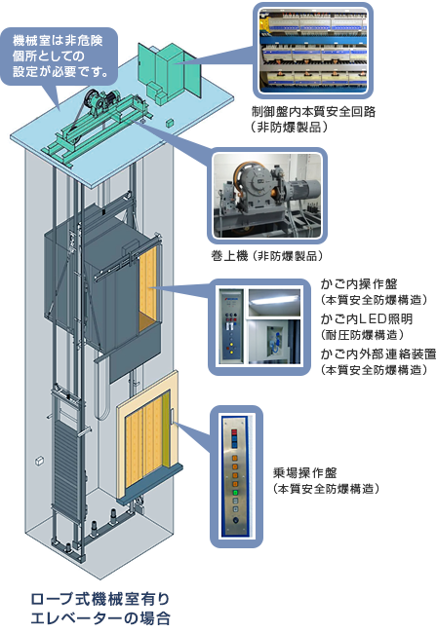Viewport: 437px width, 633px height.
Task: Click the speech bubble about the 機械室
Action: pos(60,56)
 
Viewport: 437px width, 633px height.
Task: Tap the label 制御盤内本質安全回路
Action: pos(314,111)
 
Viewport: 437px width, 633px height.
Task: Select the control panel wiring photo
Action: pos(313,51)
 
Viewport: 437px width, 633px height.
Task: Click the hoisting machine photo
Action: pos(267,196)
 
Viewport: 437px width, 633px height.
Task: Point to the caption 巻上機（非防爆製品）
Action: pos(267,256)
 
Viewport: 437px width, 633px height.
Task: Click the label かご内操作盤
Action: pos(359,284)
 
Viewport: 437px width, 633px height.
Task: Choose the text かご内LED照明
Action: pos(366,318)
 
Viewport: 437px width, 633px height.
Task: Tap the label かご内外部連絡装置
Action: pos(378,354)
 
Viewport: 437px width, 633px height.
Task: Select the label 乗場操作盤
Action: pos(304,472)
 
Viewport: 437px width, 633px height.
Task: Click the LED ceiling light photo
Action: pos(274,302)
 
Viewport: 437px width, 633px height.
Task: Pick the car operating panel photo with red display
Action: pos(230,326)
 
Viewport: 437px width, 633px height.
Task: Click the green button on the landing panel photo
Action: pos(234,493)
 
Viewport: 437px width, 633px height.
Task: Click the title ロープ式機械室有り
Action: pos(100,599)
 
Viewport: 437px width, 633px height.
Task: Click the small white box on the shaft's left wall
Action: pos(39,461)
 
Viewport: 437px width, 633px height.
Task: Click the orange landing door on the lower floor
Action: pos(147,436)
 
